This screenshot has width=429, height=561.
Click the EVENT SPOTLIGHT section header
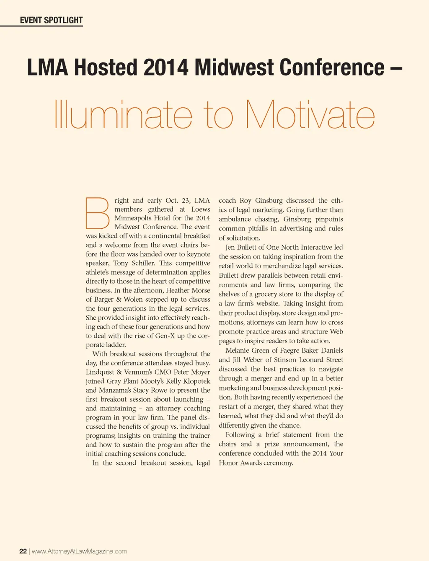coord(51,20)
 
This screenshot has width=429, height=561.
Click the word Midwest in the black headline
coord(234,67)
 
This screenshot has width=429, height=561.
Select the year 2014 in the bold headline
coord(165,67)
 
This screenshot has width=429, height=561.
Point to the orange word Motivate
coord(310,115)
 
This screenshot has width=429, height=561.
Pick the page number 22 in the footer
coord(23,551)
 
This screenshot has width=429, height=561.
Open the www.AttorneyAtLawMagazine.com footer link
coord(79,551)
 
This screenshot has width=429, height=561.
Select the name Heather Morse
coord(188,290)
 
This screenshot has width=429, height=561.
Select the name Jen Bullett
coord(242,247)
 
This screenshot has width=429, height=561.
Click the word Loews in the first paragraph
coord(201,209)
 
